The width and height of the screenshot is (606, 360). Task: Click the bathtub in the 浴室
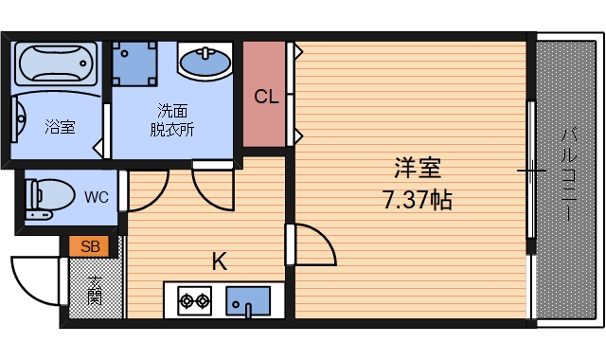click(56, 64)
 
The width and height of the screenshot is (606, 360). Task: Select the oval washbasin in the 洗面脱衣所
click(205, 64)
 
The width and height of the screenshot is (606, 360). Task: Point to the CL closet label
click(266, 97)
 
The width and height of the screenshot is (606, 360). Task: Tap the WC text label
click(96, 198)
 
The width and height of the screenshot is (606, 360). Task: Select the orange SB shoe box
click(90, 247)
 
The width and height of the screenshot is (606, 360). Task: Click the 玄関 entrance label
click(96, 288)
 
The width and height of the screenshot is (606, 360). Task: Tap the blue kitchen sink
click(248, 301)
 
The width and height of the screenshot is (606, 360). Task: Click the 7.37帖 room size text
click(417, 200)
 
